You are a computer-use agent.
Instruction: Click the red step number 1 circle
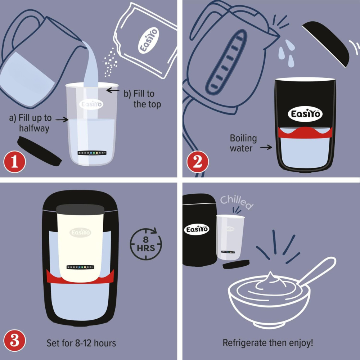[x=15, y=162]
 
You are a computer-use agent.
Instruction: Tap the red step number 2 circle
[x=197, y=162]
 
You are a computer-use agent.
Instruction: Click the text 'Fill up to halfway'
[x=30, y=123]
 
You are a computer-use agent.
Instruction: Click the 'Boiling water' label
[x=243, y=143]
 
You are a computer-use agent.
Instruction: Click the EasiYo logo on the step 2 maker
[x=305, y=114]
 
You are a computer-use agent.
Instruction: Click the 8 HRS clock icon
[x=146, y=244]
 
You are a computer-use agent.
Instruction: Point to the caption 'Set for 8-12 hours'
[x=81, y=342]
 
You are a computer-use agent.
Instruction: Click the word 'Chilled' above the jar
[x=237, y=203]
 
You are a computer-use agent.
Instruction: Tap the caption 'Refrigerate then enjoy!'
[x=268, y=342]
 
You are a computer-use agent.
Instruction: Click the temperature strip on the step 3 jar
[x=80, y=267]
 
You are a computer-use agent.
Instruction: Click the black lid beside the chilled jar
[x=236, y=265]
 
